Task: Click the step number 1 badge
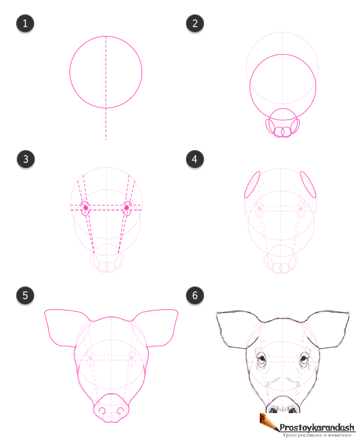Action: coord(25,23)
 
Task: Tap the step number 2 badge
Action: coord(195,23)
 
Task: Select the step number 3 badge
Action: coord(26,159)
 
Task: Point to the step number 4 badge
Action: coord(194,159)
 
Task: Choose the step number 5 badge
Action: coord(25,295)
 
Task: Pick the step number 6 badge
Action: coord(195,295)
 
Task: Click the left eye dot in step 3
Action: coord(86,208)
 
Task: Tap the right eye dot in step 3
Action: coord(127,208)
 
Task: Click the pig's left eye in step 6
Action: coord(262,359)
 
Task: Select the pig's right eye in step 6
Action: coord(304,359)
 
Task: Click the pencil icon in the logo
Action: coord(269,422)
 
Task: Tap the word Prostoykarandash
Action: coord(317,428)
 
